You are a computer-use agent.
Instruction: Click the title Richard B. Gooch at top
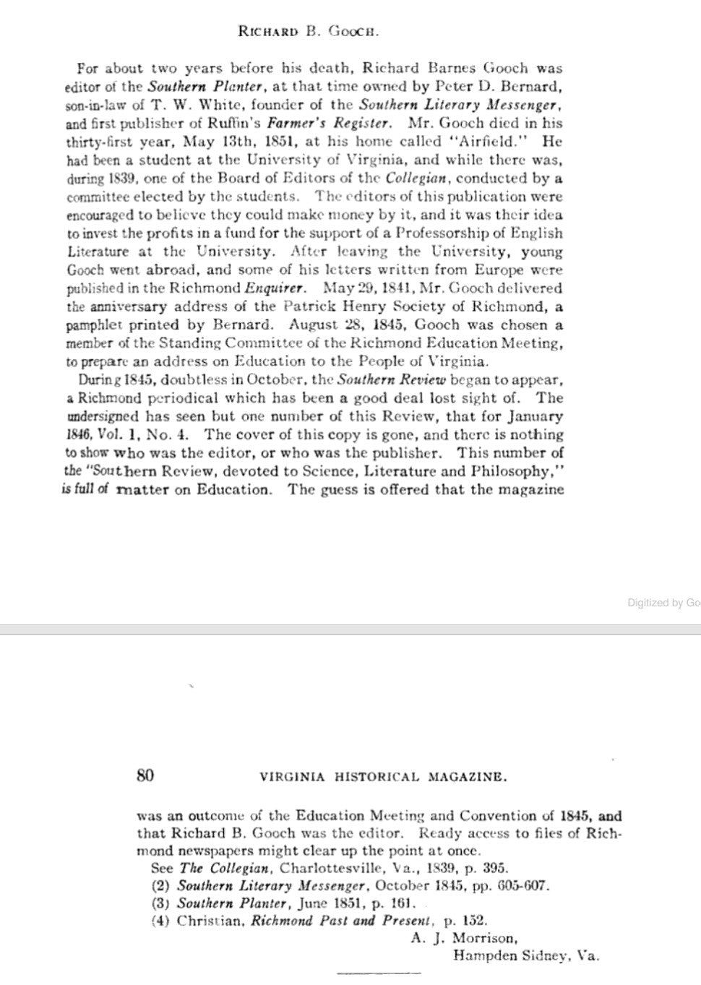pyautogui.click(x=309, y=32)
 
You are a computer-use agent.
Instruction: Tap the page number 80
pyautogui.click(x=145, y=775)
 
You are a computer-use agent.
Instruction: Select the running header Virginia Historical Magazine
pyautogui.click(x=383, y=778)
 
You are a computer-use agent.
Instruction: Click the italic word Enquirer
pyautogui.click(x=273, y=288)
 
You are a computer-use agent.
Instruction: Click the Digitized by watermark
pyautogui.click(x=663, y=602)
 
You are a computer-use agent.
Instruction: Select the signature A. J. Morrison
pyautogui.click(x=464, y=939)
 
